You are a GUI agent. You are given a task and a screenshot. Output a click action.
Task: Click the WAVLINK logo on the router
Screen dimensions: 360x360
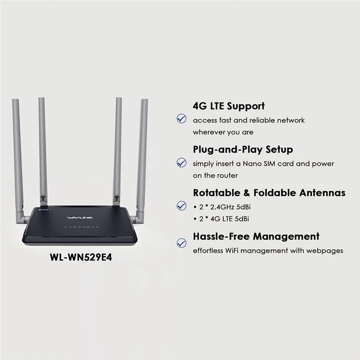click(x=80, y=217)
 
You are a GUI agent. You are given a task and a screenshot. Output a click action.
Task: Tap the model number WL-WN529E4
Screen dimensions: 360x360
click(x=81, y=257)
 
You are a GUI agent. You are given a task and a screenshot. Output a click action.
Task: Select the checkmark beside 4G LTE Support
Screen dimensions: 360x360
click(x=181, y=119)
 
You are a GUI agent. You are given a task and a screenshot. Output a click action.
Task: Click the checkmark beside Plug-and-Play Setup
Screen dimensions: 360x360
click(x=181, y=163)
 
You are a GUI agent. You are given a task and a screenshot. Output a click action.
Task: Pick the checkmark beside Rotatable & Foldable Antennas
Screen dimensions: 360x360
click(x=181, y=205)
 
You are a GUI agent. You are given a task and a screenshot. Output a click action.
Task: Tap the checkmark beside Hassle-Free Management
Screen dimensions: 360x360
click(x=181, y=243)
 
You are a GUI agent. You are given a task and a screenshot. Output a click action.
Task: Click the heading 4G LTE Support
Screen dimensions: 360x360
click(x=229, y=106)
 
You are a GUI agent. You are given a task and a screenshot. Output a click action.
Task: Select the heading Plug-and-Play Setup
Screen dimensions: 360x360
click(x=243, y=149)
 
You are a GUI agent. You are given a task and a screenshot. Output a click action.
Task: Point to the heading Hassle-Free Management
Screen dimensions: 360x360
click(x=256, y=236)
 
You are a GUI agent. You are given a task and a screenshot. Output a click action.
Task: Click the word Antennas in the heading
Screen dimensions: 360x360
click(x=323, y=192)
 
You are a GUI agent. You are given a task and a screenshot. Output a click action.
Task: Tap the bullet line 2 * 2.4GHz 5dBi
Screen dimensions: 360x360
click(x=222, y=207)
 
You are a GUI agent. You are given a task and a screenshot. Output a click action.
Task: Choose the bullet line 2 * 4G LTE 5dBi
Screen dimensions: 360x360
click(x=221, y=219)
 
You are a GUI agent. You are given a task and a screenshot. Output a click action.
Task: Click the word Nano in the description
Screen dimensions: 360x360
click(x=252, y=164)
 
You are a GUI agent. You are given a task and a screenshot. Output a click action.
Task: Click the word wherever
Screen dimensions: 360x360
click(x=209, y=132)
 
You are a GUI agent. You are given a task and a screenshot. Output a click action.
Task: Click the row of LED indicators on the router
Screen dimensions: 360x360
click(x=82, y=227)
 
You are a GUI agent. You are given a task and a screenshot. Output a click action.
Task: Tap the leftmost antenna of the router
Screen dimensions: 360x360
click(x=18, y=161)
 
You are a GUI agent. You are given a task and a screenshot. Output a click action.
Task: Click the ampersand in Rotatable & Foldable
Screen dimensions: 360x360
click(x=247, y=193)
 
